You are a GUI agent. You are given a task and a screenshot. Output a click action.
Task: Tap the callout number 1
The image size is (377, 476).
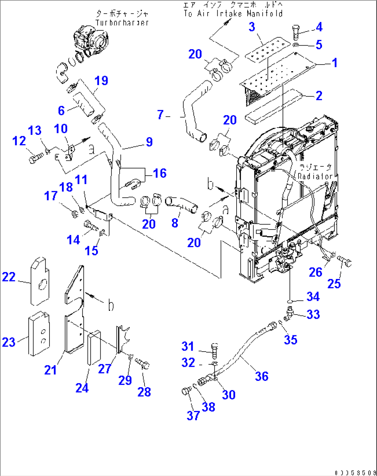point(334,63)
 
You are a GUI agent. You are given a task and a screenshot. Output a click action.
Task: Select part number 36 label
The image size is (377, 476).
point(261,376)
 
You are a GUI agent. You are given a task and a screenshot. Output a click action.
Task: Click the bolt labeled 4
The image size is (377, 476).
point(296,33)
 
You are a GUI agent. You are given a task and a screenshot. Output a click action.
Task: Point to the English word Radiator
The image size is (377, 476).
point(315,176)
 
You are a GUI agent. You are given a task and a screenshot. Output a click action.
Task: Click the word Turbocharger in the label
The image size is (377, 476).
point(122,23)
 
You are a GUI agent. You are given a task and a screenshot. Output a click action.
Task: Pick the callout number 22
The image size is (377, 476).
point(9,277)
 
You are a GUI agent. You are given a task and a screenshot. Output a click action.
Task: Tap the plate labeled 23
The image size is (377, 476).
point(38,334)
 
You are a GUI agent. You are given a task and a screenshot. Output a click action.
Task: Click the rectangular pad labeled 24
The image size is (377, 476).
point(94,347)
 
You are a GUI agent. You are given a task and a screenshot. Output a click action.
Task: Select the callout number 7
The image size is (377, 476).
point(160,114)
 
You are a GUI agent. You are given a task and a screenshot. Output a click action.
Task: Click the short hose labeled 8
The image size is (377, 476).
point(182,205)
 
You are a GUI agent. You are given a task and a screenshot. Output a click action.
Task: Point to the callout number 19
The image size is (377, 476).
point(101,81)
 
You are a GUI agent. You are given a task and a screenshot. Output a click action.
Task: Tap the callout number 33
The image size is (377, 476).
point(313,314)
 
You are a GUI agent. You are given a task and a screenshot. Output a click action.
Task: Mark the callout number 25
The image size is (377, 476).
point(334,284)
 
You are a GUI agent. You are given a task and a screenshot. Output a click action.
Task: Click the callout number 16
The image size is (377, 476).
point(159,173)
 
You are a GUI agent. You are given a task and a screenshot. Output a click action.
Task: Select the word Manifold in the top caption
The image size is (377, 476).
point(265,14)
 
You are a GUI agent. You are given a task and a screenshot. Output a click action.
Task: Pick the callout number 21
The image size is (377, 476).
point(50,370)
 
